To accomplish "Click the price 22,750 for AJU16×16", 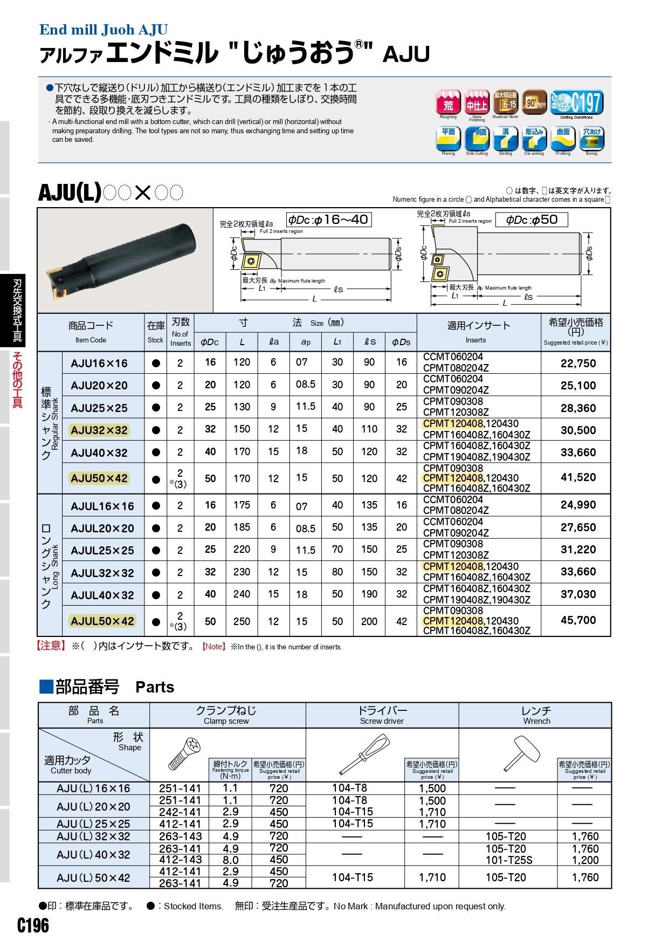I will (x=578, y=364).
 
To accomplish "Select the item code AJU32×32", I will (x=99, y=430).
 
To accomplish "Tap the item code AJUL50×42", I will (x=102, y=621).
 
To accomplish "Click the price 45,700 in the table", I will (x=578, y=620).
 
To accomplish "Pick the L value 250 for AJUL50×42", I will (x=242, y=621).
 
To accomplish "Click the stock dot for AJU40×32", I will (x=156, y=453).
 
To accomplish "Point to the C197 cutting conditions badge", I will (x=576, y=102).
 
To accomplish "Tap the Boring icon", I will (x=591, y=139).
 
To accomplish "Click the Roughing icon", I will (x=448, y=102).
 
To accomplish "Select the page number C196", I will (x=33, y=926).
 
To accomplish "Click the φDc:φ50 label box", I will (x=531, y=220).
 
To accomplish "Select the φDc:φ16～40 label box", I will (x=328, y=220).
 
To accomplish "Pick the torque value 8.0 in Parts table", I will (x=230, y=860).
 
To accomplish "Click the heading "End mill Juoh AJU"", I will (x=104, y=30).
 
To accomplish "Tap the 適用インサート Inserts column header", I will (x=478, y=331).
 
